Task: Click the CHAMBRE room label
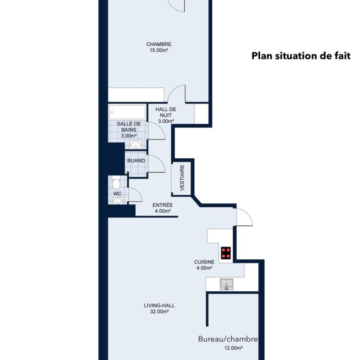tap(159, 44)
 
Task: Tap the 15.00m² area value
tap(159, 50)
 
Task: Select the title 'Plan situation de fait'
tap(301, 56)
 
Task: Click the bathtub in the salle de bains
tap(127, 112)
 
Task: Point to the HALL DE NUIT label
tap(166, 112)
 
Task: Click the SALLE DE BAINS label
tap(129, 127)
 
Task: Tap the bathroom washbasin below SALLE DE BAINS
tap(136, 145)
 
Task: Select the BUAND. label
tap(136, 161)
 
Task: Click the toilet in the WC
tap(116, 182)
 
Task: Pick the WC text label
tap(117, 194)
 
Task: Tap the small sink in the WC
tap(118, 201)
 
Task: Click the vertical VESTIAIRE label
tap(182, 178)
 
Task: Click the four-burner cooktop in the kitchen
tap(226, 253)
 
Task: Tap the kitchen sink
tap(227, 284)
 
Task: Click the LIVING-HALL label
tap(159, 306)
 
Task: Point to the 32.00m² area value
tap(159, 312)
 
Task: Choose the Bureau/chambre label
tap(228, 339)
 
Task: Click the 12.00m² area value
tap(234, 348)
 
